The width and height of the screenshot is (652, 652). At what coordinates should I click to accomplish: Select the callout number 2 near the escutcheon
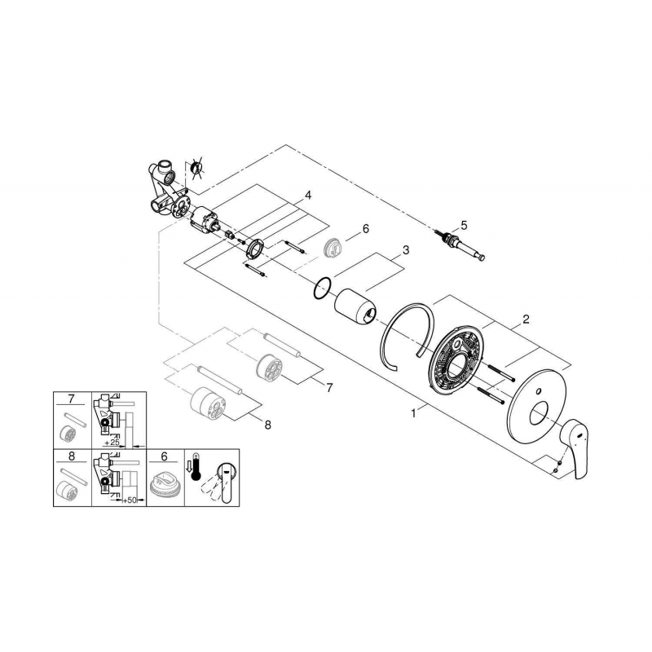point(526,319)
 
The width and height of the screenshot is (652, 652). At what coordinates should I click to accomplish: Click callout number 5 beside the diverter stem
point(463,224)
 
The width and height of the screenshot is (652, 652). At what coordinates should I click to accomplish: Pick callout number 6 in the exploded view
point(366,229)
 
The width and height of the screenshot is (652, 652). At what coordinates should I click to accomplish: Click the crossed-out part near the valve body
point(196,169)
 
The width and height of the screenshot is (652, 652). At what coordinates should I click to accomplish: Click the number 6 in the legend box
point(165,456)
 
